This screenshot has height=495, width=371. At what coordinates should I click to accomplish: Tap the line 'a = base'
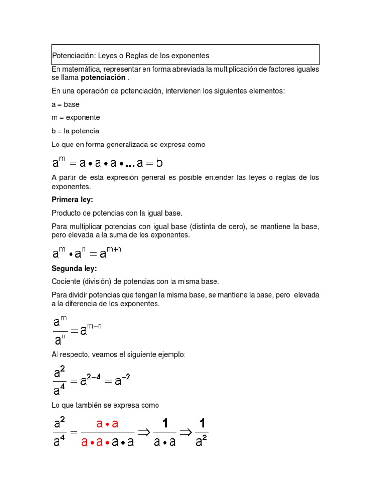click(66, 104)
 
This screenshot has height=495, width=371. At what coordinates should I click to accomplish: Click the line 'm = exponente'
click(75, 117)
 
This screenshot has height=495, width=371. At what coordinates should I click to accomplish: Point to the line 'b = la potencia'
click(75, 131)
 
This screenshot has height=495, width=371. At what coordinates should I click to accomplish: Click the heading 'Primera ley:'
click(71, 199)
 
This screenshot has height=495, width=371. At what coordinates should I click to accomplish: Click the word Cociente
click(66, 281)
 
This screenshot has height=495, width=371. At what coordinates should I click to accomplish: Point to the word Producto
click(66, 213)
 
